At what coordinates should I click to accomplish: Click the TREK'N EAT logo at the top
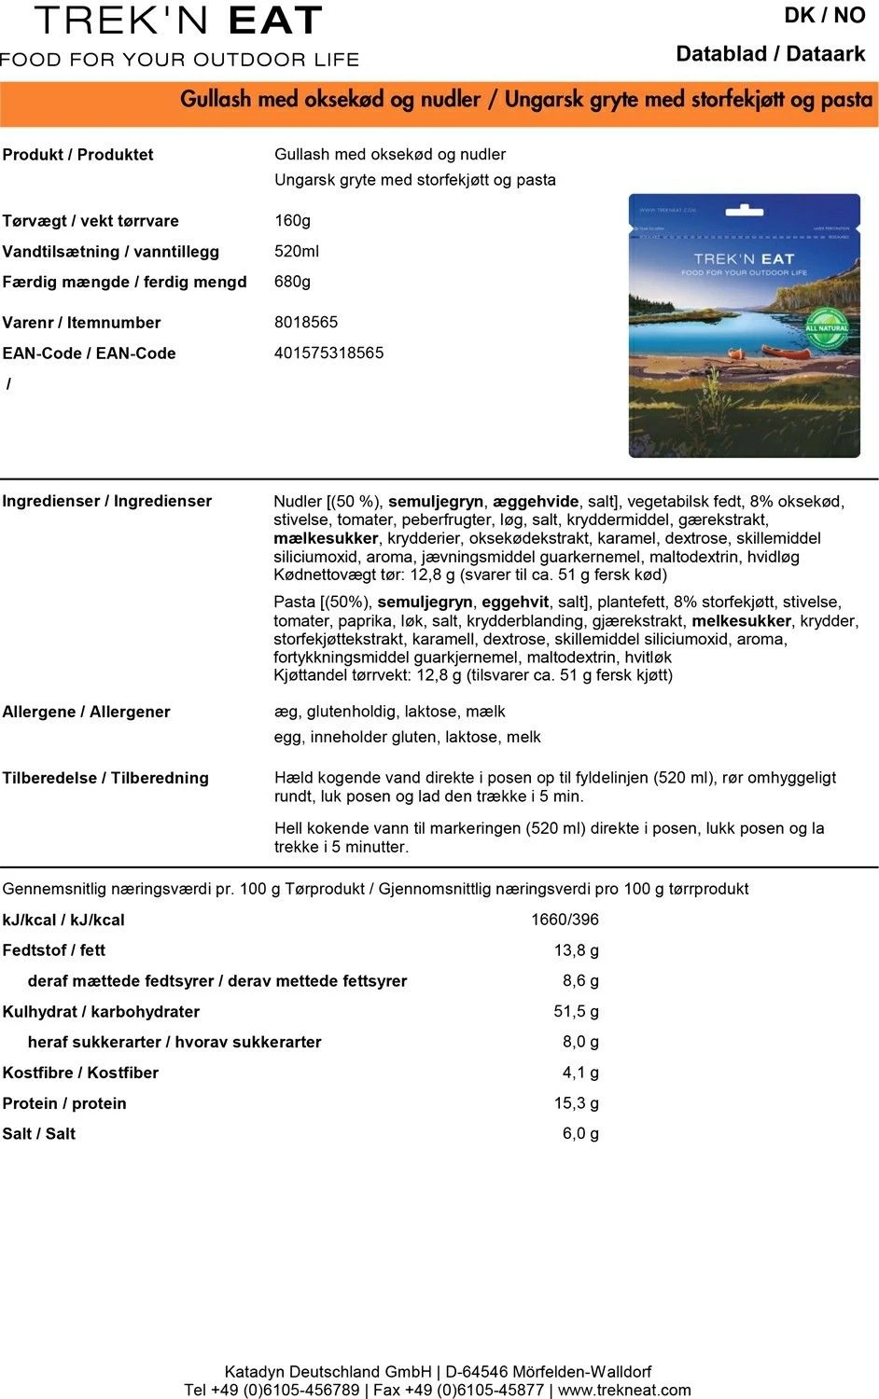(179, 21)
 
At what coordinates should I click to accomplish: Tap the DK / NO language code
(824, 16)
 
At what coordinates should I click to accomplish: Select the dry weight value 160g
(292, 221)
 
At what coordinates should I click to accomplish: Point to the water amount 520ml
(297, 252)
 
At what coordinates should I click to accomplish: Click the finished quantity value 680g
(292, 282)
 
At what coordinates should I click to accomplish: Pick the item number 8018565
(306, 323)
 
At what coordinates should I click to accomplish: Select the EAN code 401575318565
(328, 353)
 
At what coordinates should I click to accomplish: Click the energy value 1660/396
(565, 920)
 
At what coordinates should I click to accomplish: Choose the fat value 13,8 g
(576, 950)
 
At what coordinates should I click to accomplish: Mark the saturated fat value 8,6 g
(580, 981)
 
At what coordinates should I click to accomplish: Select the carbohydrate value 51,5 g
(576, 1012)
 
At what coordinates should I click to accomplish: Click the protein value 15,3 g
(576, 1103)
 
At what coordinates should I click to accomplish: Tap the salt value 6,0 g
(580, 1134)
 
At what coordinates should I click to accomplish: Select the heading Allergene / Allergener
(86, 713)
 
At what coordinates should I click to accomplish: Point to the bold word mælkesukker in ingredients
(326, 539)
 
